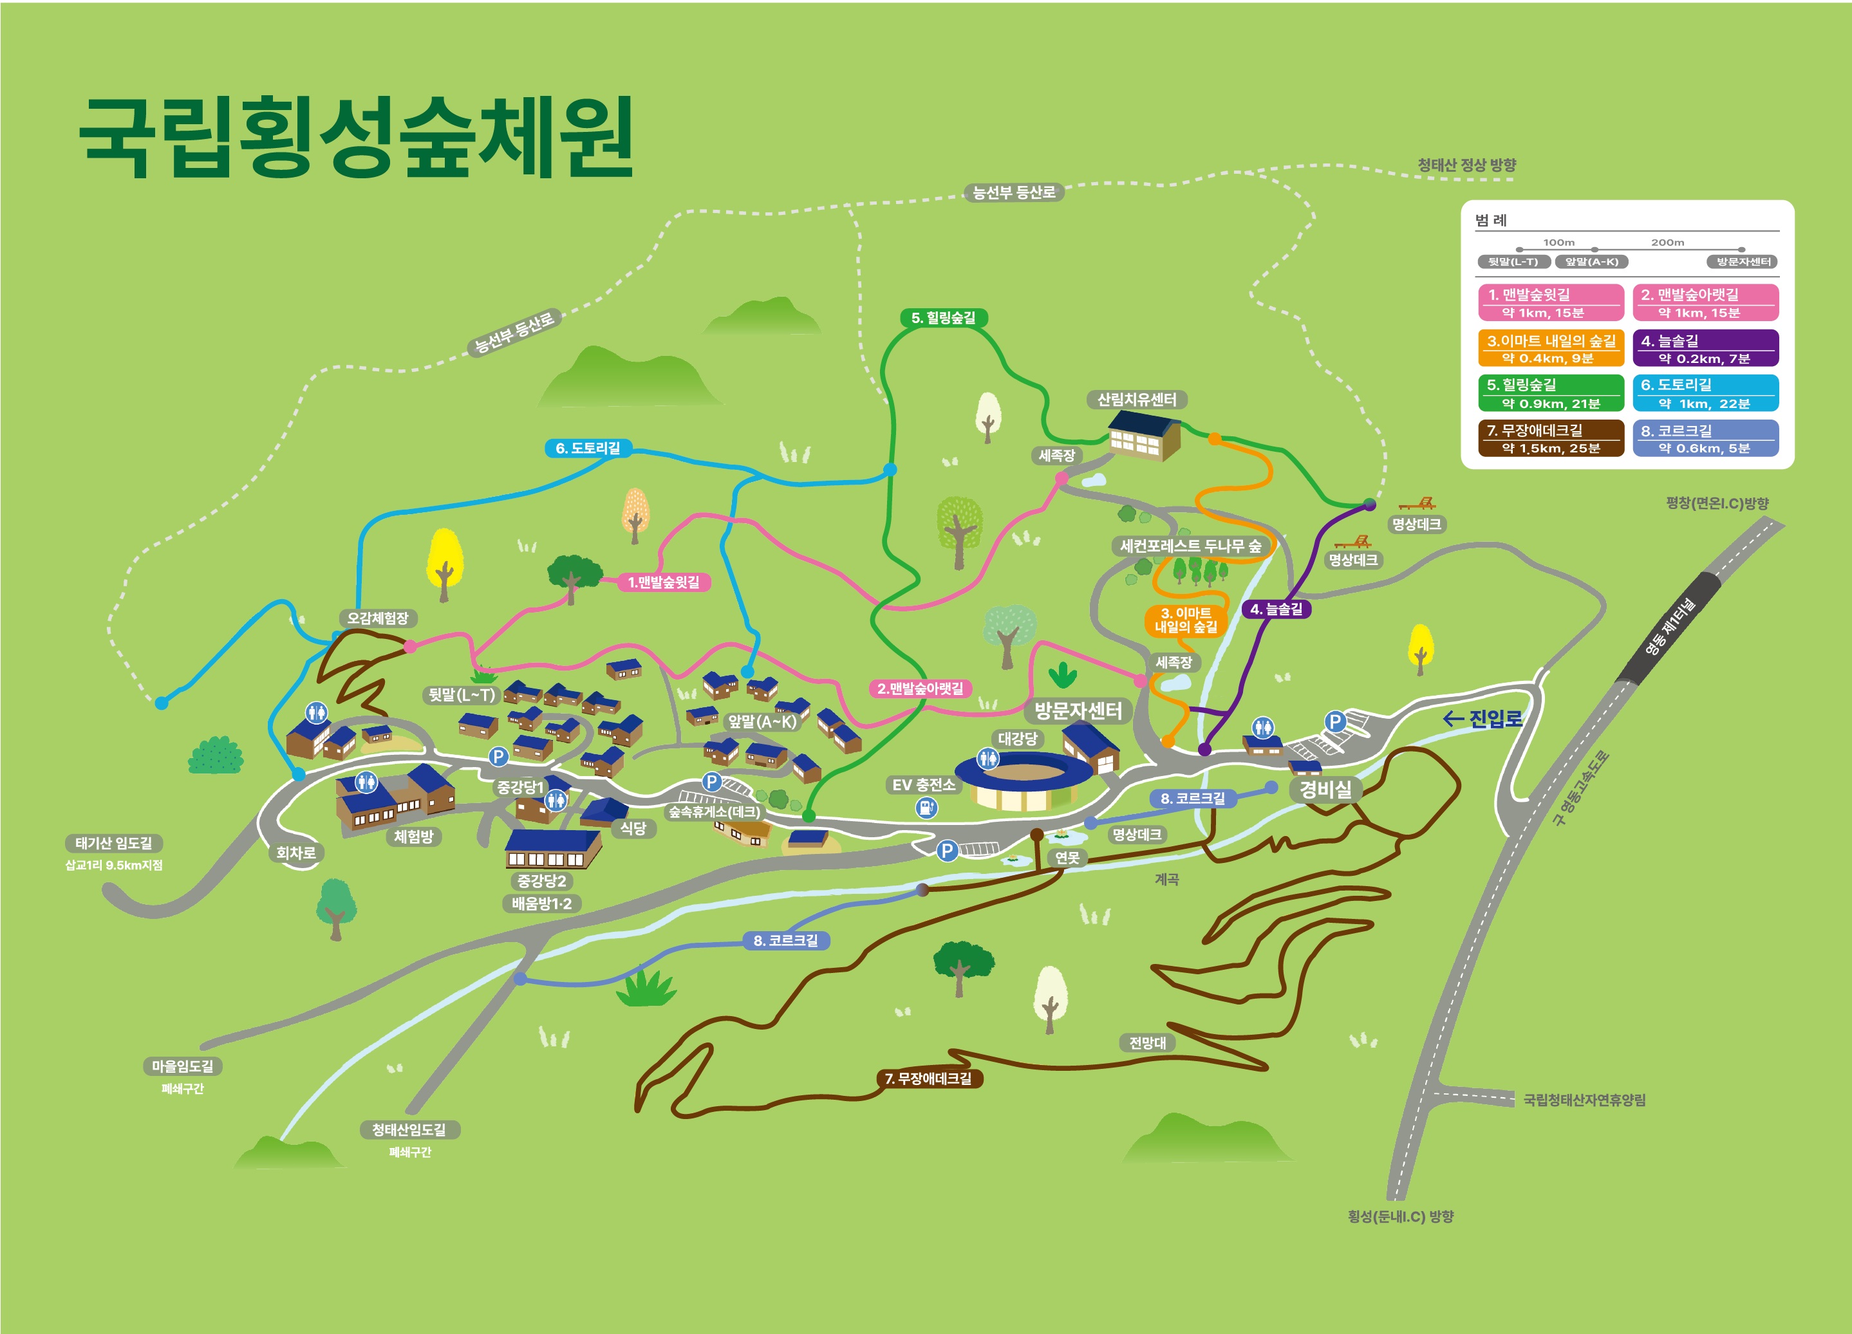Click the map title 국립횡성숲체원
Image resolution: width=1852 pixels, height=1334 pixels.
click(356, 136)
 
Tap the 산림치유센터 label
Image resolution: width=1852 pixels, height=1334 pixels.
click(1136, 399)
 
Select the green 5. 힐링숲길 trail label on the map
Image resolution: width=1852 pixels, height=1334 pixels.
click(943, 318)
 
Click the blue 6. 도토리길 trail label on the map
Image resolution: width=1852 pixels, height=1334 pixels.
click(587, 448)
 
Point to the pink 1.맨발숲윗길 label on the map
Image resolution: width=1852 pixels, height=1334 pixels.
click(663, 582)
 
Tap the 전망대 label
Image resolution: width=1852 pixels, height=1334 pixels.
click(1146, 1042)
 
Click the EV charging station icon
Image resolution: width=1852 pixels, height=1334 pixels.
click(926, 808)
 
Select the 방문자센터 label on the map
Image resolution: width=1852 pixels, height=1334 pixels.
click(1078, 710)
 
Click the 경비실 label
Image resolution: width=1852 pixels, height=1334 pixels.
click(1325, 789)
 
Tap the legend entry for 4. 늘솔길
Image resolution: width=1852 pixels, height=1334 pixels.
click(1705, 349)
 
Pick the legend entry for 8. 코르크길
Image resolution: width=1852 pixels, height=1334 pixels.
click(1705, 438)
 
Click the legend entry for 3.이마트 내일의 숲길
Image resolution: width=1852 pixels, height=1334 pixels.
click(1550, 349)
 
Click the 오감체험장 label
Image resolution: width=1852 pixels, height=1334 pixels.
click(377, 618)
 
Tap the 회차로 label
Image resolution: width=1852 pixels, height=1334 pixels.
click(295, 852)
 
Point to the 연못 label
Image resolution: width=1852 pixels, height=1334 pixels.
click(1067, 857)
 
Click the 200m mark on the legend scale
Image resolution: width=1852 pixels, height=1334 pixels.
click(1667, 243)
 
